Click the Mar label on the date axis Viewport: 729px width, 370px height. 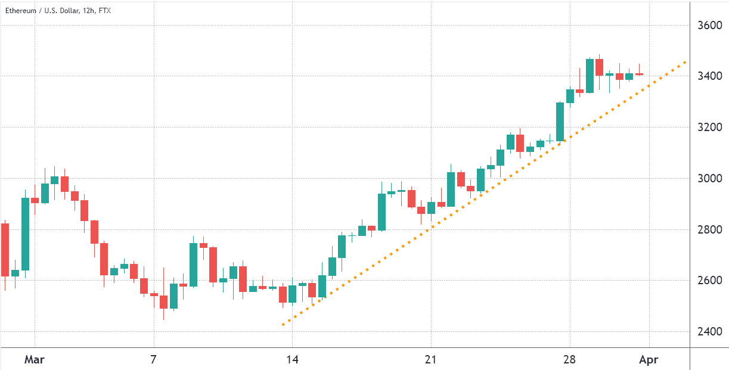pos(35,360)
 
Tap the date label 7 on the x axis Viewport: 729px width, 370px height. pos(154,360)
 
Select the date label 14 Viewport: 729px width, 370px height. pos(292,360)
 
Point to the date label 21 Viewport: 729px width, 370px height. pos(431,360)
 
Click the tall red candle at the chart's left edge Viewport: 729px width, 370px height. pos(5,250)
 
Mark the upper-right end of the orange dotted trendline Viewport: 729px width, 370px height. pos(685,62)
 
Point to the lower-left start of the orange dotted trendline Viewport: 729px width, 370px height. pos(283,325)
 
